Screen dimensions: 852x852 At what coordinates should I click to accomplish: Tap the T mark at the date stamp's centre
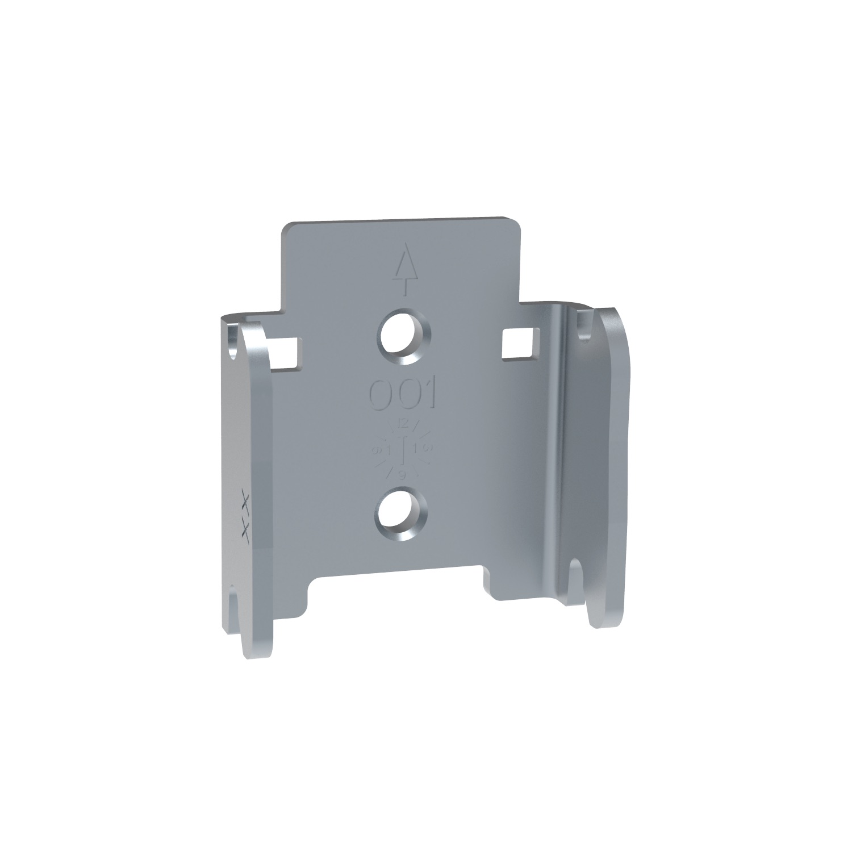[x=403, y=448]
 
